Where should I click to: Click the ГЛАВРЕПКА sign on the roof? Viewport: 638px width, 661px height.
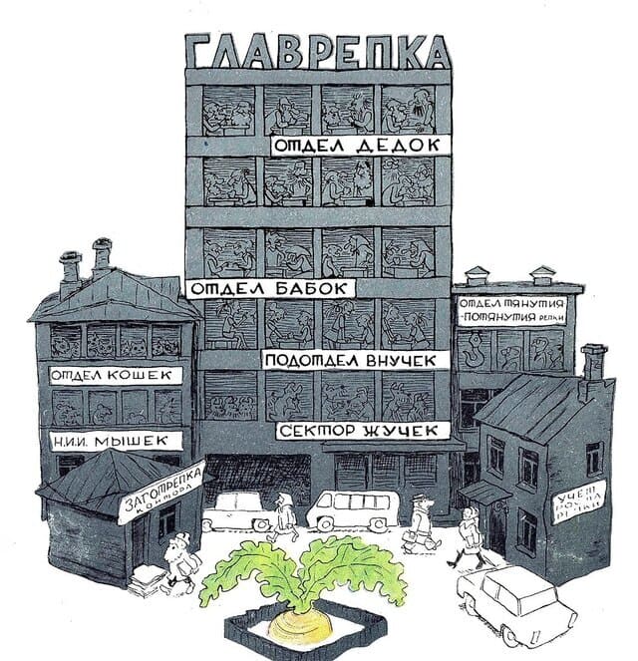pyautogui.click(x=317, y=52)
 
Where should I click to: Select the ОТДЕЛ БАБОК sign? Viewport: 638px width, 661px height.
pyautogui.click(x=270, y=288)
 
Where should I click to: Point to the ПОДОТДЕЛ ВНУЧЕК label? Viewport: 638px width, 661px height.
pyautogui.click(x=350, y=359)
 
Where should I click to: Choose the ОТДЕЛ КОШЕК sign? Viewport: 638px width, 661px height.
pyautogui.click(x=117, y=375)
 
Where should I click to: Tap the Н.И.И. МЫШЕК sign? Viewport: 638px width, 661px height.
pyautogui.click(x=117, y=439)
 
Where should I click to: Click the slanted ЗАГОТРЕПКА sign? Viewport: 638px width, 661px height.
pyautogui.click(x=161, y=494)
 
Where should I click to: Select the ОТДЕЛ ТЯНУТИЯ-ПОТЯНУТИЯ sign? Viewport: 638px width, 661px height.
pyautogui.click(x=514, y=309)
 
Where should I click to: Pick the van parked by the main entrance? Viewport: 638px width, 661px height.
pyautogui.click(x=350, y=509)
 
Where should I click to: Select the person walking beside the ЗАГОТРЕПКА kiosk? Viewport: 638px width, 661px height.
pyautogui.click(x=180, y=560)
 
